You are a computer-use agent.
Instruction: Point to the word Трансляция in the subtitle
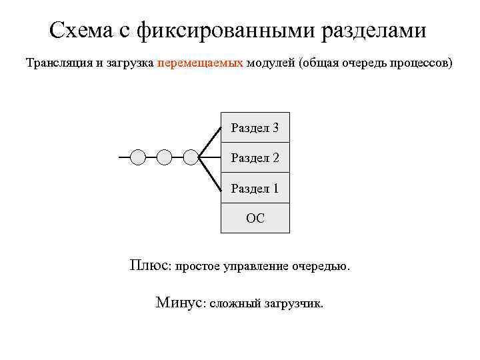coord(58,64)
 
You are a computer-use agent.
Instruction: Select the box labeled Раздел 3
coord(255,127)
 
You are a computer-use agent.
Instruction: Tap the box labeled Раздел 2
coord(255,157)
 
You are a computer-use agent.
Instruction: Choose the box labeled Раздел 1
coord(255,188)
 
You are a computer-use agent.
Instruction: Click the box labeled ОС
coord(255,218)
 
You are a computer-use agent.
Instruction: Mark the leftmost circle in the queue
coord(137,157)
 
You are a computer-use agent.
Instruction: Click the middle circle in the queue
coord(164,157)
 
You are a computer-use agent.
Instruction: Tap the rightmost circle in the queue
coord(191,157)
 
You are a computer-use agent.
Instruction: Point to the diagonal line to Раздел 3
coord(211,140)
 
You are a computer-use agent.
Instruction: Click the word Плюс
coord(149,265)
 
